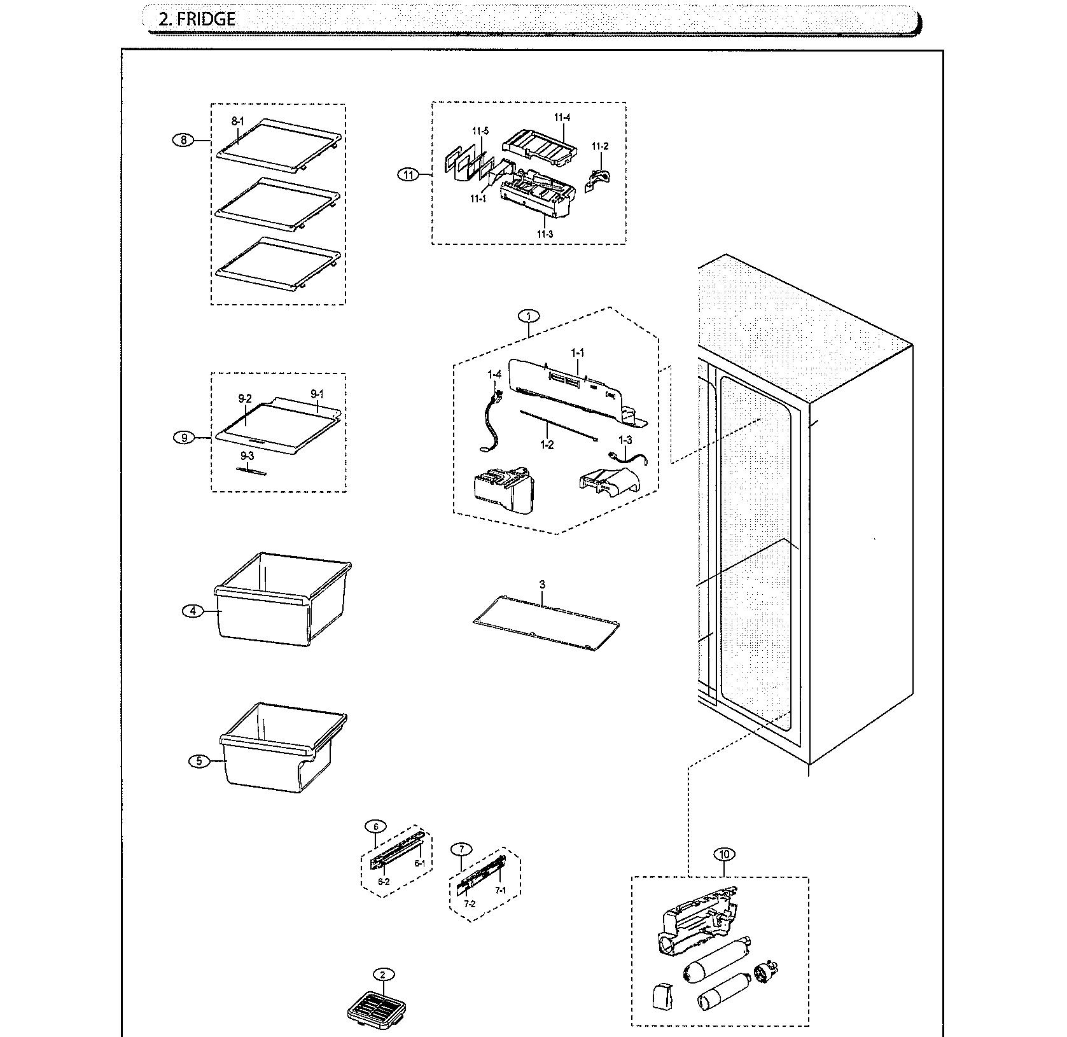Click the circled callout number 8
183,141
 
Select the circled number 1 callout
528,316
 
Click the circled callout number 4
192,611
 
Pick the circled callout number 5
199,761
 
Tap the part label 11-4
561,118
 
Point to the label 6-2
383,881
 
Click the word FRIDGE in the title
206,19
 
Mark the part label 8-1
237,121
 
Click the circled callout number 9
184,438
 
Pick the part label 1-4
494,375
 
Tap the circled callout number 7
461,849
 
